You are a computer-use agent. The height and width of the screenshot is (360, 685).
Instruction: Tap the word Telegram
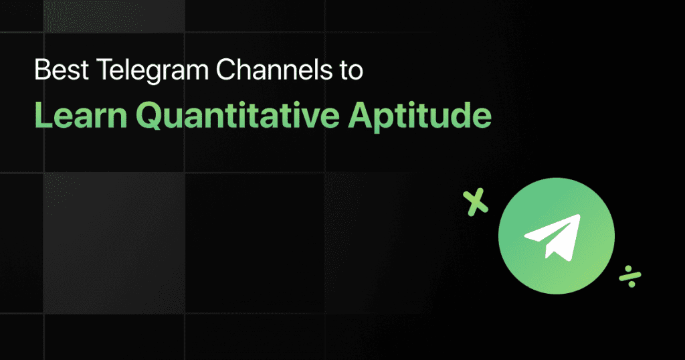pyautogui.click(x=130, y=70)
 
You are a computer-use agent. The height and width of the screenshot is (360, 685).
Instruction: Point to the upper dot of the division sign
pyautogui.click(x=626, y=267)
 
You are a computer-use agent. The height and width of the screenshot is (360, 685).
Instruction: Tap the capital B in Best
pyautogui.click(x=42, y=70)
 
